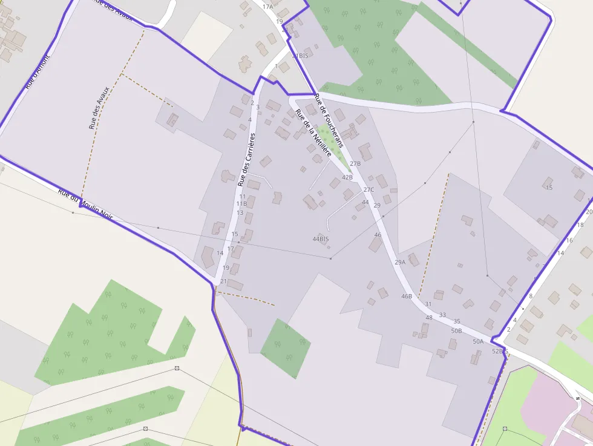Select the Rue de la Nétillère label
coord(313,133)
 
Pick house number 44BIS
coord(321,239)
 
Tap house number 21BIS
coord(300,56)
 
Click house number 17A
coord(267,7)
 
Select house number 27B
coord(355,163)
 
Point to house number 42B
coord(347,177)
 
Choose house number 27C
coord(369,189)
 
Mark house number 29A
coord(400,262)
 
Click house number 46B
coord(407,297)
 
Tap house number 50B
coord(456,331)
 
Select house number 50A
coord(478,342)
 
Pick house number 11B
coord(241,204)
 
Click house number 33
coord(442,315)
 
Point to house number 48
coord(429,318)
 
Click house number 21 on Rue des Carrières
coord(223,281)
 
